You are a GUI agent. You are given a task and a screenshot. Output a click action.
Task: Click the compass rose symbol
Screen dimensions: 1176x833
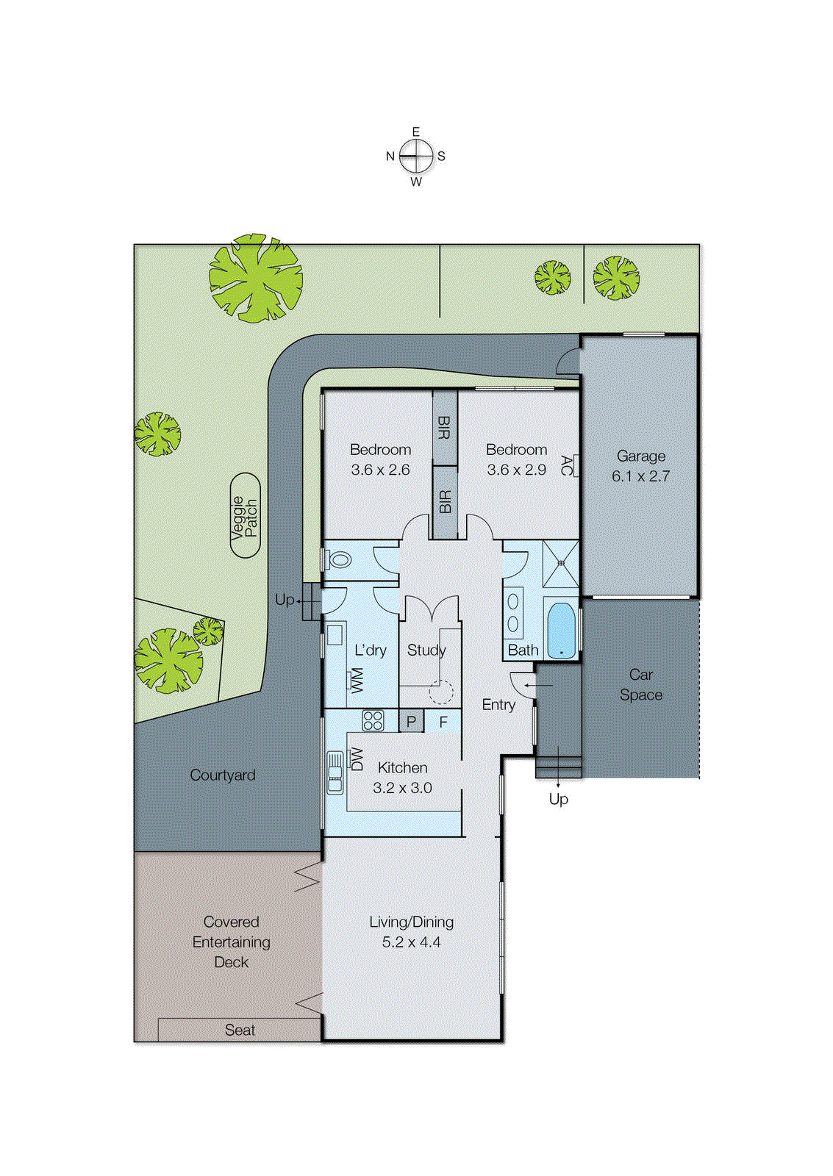point(416,156)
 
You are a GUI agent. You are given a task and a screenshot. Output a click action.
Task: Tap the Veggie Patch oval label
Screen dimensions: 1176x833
point(245,516)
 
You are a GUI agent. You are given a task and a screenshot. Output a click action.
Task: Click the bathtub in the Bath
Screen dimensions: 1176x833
point(562,630)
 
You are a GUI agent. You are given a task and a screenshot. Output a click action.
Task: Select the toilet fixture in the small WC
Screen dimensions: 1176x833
point(340,560)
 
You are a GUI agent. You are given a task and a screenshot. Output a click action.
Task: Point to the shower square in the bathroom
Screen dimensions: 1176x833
point(561,563)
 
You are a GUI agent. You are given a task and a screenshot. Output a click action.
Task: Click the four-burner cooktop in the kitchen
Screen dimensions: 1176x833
point(373,720)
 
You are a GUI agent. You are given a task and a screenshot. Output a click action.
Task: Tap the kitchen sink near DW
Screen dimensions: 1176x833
point(335,772)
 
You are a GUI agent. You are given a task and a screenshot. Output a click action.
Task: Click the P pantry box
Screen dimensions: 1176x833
point(411,722)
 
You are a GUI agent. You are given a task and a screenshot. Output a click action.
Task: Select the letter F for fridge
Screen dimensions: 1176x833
point(443,722)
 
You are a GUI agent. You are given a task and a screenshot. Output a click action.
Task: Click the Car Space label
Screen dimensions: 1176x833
point(640,684)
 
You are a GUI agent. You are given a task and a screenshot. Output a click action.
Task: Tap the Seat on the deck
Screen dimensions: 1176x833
point(240,1030)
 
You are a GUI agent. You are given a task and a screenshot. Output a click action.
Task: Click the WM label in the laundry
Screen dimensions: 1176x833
point(357,680)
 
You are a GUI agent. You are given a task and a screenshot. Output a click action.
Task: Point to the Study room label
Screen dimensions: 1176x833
point(426,650)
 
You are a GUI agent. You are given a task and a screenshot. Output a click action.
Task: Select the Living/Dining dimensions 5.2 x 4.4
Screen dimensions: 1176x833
point(411,942)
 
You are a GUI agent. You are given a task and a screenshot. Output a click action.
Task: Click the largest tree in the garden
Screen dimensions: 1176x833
point(255,278)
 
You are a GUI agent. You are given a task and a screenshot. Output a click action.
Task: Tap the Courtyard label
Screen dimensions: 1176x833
point(222,775)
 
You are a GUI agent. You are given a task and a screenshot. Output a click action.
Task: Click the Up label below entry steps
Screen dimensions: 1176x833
point(558,798)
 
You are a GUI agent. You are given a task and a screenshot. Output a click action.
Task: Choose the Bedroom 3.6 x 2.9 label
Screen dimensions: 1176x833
point(516,459)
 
